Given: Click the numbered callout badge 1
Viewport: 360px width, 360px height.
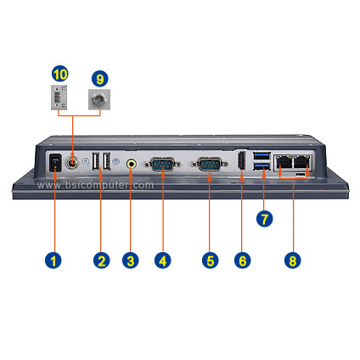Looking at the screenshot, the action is [x=53, y=260].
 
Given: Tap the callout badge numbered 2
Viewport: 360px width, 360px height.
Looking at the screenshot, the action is [x=102, y=260].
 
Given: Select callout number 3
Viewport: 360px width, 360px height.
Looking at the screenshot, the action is [x=131, y=260].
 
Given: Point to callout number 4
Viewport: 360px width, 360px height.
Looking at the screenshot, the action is [x=163, y=260].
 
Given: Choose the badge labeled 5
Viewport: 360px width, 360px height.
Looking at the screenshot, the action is [x=211, y=260].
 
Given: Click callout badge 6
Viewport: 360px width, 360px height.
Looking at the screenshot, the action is [x=243, y=260].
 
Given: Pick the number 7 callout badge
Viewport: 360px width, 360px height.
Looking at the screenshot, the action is [x=264, y=218].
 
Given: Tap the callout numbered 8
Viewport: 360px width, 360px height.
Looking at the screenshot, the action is [x=293, y=260].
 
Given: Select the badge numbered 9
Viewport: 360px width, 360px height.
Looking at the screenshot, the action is [x=100, y=79].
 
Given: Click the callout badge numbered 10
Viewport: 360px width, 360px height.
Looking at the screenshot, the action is [x=60, y=74].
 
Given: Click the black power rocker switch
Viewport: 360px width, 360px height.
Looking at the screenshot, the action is [x=55, y=163].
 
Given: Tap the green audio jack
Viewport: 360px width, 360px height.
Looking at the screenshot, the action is [x=131, y=164].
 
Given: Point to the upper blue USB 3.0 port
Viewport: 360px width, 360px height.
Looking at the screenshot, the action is [x=262, y=156].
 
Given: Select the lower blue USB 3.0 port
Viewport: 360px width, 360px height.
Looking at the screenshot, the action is [x=262, y=167].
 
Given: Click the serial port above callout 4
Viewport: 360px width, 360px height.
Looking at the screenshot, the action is [x=163, y=164].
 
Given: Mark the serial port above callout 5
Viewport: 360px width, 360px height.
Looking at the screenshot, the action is [x=210, y=164].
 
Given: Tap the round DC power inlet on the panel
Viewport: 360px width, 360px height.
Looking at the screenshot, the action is [x=72, y=163].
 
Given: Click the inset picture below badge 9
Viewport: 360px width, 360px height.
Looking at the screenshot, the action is [x=99, y=99].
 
